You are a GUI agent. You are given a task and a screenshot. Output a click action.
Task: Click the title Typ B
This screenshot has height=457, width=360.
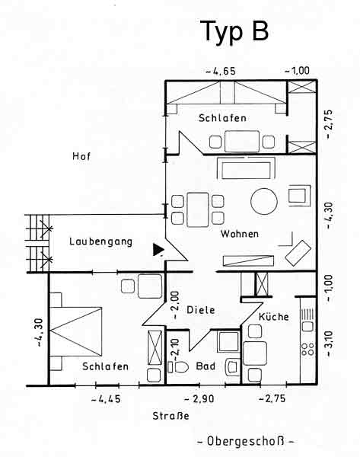(234, 32)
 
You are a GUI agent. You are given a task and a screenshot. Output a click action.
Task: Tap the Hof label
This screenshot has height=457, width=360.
(81, 156)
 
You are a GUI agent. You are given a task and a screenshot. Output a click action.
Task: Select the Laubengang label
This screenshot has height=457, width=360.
(100, 241)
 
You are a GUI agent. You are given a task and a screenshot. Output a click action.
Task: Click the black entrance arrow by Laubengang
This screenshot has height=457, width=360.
(158, 250)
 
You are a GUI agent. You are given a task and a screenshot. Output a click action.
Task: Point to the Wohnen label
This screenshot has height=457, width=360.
(240, 234)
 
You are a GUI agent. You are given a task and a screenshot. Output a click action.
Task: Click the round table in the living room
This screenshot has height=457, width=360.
(264, 201)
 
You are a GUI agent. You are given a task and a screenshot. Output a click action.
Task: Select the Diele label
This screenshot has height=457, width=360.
(201, 310)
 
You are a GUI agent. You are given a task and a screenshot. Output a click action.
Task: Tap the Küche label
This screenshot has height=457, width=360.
(273, 317)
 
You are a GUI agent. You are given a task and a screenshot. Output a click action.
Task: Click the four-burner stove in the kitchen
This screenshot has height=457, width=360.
(308, 349)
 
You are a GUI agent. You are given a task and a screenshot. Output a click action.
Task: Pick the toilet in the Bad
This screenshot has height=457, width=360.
(178, 367)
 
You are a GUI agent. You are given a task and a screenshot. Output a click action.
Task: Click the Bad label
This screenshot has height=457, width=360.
(205, 366)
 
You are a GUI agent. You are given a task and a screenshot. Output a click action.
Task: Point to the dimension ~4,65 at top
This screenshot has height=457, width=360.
(221, 72)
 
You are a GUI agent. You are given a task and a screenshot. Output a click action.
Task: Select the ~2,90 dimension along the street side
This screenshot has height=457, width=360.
(199, 398)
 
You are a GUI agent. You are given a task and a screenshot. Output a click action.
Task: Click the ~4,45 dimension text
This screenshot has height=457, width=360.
(106, 399)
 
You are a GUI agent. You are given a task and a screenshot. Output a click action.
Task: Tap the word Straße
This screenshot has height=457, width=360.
(170, 416)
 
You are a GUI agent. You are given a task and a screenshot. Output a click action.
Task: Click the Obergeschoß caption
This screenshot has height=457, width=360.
(246, 441)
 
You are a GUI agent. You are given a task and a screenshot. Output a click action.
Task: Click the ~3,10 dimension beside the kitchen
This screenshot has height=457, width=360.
(329, 344)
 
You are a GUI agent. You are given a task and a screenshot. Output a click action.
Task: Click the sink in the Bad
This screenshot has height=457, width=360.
(232, 367)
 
